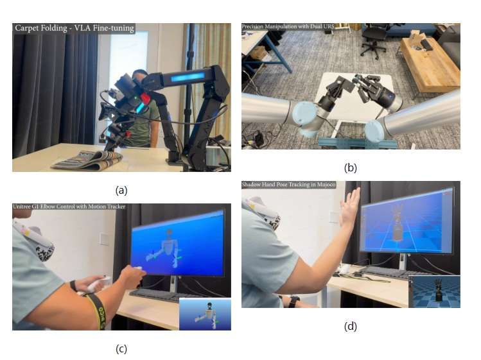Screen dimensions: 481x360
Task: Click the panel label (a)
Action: pyautogui.click(x=121, y=191)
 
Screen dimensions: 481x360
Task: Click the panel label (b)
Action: pyautogui.click(x=351, y=168)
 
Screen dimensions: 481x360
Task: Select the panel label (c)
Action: pyautogui.click(x=121, y=349)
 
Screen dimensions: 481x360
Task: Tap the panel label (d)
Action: pyautogui.click(x=351, y=326)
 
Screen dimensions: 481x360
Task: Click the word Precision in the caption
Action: pyautogui.click(x=252, y=26)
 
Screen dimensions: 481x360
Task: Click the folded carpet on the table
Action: pyautogui.click(x=89, y=160)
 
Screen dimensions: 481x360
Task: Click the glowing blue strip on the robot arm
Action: pyautogui.click(x=188, y=76)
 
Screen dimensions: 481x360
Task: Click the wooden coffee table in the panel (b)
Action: pyautogui.click(x=429, y=63)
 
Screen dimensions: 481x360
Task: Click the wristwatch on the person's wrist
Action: pyautogui.click(x=292, y=301)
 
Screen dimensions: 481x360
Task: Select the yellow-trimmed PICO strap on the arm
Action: pyautogui.click(x=98, y=311)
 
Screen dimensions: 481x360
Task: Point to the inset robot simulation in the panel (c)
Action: pyautogui.click(x=205, y=314)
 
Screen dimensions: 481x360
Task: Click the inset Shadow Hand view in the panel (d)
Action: pyautogui.click(x=435, y=291)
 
